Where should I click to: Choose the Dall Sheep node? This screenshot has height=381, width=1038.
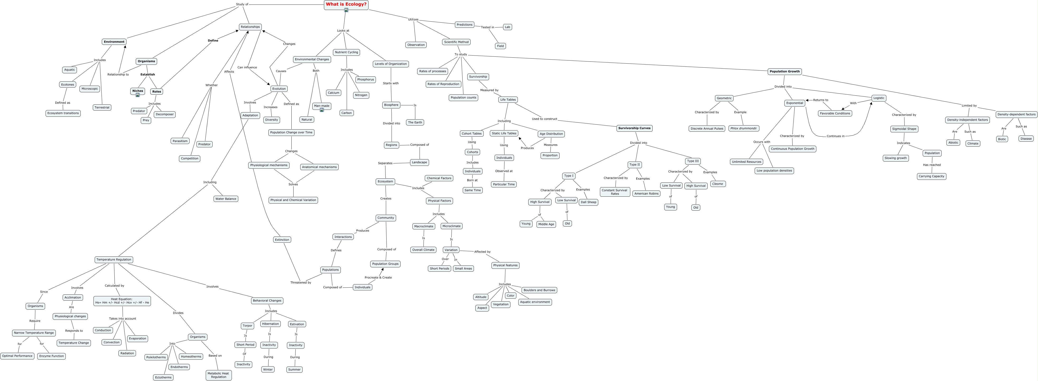click(588, 202)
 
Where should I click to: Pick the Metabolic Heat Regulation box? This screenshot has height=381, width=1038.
click(218, 375)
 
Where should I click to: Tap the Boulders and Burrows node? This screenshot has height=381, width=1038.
click(539, 290)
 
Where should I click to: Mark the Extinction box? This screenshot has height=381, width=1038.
click(282, 240)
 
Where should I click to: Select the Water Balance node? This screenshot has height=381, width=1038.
click(226, 199)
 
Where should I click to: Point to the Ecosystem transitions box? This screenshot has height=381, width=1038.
click(63, 113)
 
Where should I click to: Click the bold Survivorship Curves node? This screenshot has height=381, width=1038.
click(634, 128)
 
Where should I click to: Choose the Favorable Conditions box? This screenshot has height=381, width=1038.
click(835, 113)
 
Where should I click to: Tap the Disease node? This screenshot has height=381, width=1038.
click(1026, 139)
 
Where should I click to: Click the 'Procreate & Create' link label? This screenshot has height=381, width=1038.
click(378, 278)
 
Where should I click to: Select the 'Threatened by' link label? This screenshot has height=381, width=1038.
click(301, 283)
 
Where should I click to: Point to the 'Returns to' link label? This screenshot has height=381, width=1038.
click(820, 100)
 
